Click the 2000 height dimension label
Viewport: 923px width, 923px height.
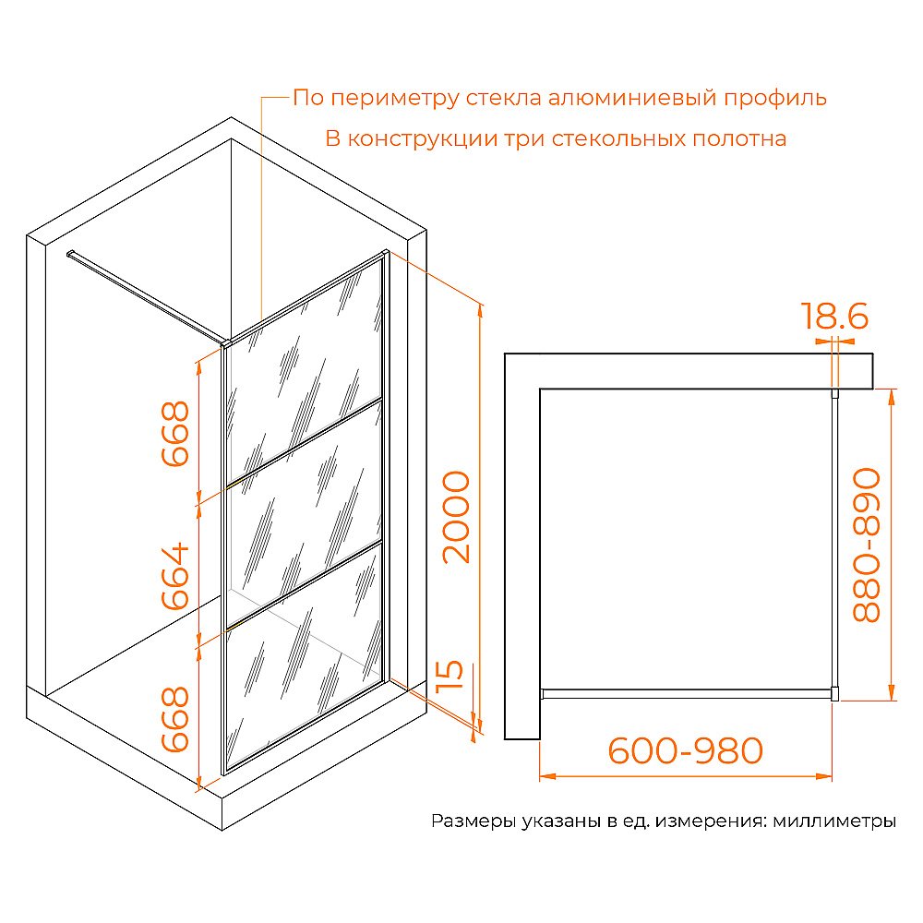tap(457, 518)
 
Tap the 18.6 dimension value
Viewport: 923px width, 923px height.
tap(834, 316)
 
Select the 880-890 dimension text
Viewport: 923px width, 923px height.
tap(867, 545)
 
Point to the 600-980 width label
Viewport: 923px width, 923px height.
tap(685, 750)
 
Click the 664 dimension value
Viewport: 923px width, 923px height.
tap(175, 576)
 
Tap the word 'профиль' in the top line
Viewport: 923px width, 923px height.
tap(775, 99)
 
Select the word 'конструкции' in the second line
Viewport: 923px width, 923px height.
tap(423, 139)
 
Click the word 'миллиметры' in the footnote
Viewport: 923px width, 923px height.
tap(834, 821)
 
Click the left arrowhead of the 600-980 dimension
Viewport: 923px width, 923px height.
tap(547, 776)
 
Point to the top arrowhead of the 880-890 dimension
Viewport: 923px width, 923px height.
tap(892, 397)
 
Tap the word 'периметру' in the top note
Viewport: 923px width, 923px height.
tap(394, 99)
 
